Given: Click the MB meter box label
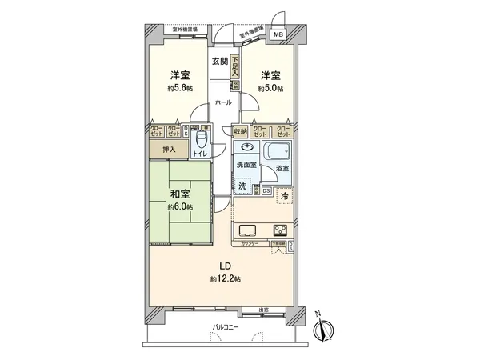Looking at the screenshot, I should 278,34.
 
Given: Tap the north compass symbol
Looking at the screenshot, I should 325,329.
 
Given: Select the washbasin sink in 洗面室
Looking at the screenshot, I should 246,149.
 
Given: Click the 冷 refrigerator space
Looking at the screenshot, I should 284,196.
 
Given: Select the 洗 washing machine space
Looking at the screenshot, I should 242,183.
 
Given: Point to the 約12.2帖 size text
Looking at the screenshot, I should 226,278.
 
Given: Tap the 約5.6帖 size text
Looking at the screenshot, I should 180,89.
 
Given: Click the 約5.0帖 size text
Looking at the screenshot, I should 270,89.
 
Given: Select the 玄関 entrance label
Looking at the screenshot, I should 220,61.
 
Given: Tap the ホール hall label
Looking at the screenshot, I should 223,102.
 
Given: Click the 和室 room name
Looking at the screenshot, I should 179,193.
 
